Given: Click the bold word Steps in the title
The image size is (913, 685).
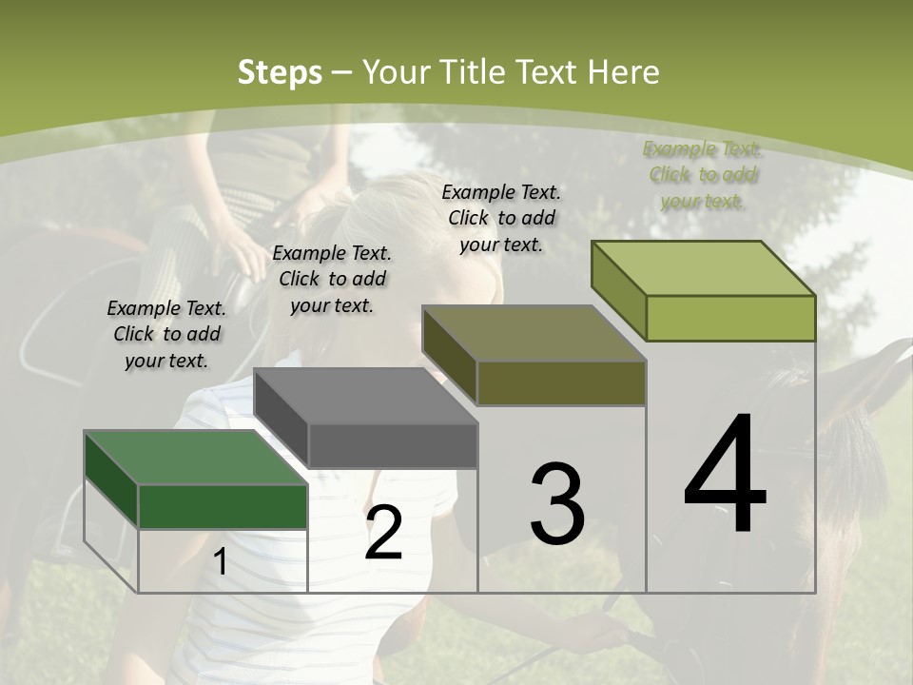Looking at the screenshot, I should click(x=279, y=72).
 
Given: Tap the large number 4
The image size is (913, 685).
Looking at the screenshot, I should click(x=725, y=475).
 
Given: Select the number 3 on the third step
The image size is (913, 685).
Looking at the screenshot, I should click(x=556, y=503).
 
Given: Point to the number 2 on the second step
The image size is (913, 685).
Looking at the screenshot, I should click(x=383, y=534).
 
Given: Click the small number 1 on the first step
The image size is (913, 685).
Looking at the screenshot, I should click(x=220, y=562).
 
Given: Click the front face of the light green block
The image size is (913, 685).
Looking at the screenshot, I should click(x=730, y=318).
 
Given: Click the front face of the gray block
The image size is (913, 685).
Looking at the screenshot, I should click(x=392, y=445).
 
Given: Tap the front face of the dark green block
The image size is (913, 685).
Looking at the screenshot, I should click(x=223, y=506).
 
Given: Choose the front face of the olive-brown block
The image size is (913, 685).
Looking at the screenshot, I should click(x=561, y=382).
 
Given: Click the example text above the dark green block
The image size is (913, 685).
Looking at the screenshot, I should click(x=166, y=334).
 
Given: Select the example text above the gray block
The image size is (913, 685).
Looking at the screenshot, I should click(x=332, y=279).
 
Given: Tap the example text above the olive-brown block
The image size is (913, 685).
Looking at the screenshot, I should click(x=501, y=218).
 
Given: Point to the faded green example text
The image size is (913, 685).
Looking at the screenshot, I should click(x=702, y=174).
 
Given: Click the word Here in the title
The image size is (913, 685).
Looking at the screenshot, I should click(x=625, y=72).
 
